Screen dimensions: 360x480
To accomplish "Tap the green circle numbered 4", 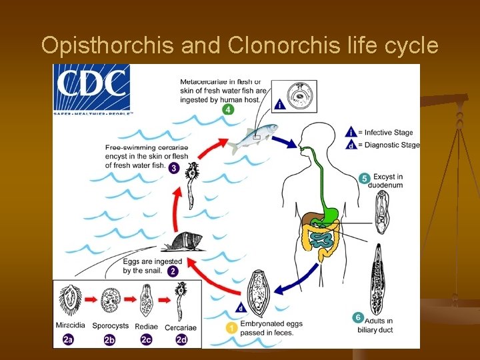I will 228,109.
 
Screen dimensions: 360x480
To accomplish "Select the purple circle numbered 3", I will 174,168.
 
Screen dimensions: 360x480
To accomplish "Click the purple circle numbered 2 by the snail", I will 173,271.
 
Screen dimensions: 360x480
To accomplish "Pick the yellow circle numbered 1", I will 231,328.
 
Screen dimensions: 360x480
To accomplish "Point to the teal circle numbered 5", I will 364,178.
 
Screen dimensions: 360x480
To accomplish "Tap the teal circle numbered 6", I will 358,318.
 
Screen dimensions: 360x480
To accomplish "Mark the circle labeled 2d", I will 181,339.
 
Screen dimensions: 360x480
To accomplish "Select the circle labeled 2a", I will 69,339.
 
